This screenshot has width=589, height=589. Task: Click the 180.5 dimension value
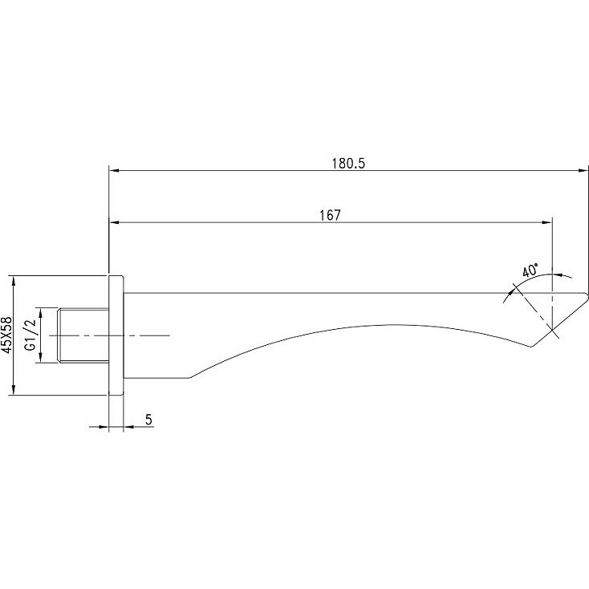pyautogui.click(x=348, y=164)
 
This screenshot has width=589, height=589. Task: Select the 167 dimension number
pyautogui.click(x=330, y=215)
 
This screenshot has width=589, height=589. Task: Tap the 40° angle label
pyautogui.click(x=530, y=270)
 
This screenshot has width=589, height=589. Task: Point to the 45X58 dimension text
pyautogui.click(x=7, y=335)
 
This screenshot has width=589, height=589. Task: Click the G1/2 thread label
pyautogui.click(x=30, y=335)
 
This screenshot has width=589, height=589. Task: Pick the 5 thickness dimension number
pyautogui.click(x=148, y=420)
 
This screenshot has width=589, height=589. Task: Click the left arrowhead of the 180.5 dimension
pyautogui.click(x=114, y=171)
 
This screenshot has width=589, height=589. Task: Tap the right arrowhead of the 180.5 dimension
pyautogui.click(x=583, y=171)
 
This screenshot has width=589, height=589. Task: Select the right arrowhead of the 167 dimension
pyautogui.click(x=547, y=222)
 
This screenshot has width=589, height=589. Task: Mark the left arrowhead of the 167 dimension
pyautogui.click(x=114, y=222)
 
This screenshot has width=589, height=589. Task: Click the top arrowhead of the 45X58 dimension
pyautogui.click(x=14, y=282)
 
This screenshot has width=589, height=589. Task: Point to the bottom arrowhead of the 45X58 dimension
pyautogui.click(x=14, y=389)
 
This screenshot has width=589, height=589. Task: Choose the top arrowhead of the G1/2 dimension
pyautogui.click(x=41, y=313)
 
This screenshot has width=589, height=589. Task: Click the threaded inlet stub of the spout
pyautogui.click(x=83, y=335)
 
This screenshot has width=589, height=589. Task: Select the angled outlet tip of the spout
pyautogui.click(x=559, y=319)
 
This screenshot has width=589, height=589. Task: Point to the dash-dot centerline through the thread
pyautogui.click(x=110, y=335)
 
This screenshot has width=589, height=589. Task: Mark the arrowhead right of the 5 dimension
pyautogui.click(x=129, y=427)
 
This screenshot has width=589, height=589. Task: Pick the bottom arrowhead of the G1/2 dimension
pyautogui.click(x=41, y=357)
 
